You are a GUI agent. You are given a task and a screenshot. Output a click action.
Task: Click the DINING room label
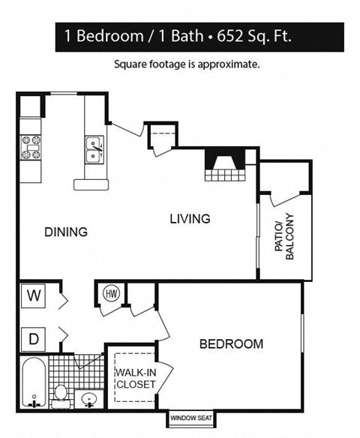click(x=65, y=232)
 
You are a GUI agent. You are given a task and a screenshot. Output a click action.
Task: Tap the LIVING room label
click(x=189, y=219)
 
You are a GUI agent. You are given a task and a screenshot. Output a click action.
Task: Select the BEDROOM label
click(x=231, y=344)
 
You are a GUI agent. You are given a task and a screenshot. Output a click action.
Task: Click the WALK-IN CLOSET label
click(x=135, y=378)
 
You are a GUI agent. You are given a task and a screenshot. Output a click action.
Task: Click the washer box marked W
click(x=34, y=295)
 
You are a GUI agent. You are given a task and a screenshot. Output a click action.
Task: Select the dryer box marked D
click(x=34, y=339)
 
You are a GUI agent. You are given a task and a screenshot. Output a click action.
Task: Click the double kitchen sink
click(x=95, y=149)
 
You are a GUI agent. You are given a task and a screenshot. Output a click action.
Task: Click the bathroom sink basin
click(x=89, y=398)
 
